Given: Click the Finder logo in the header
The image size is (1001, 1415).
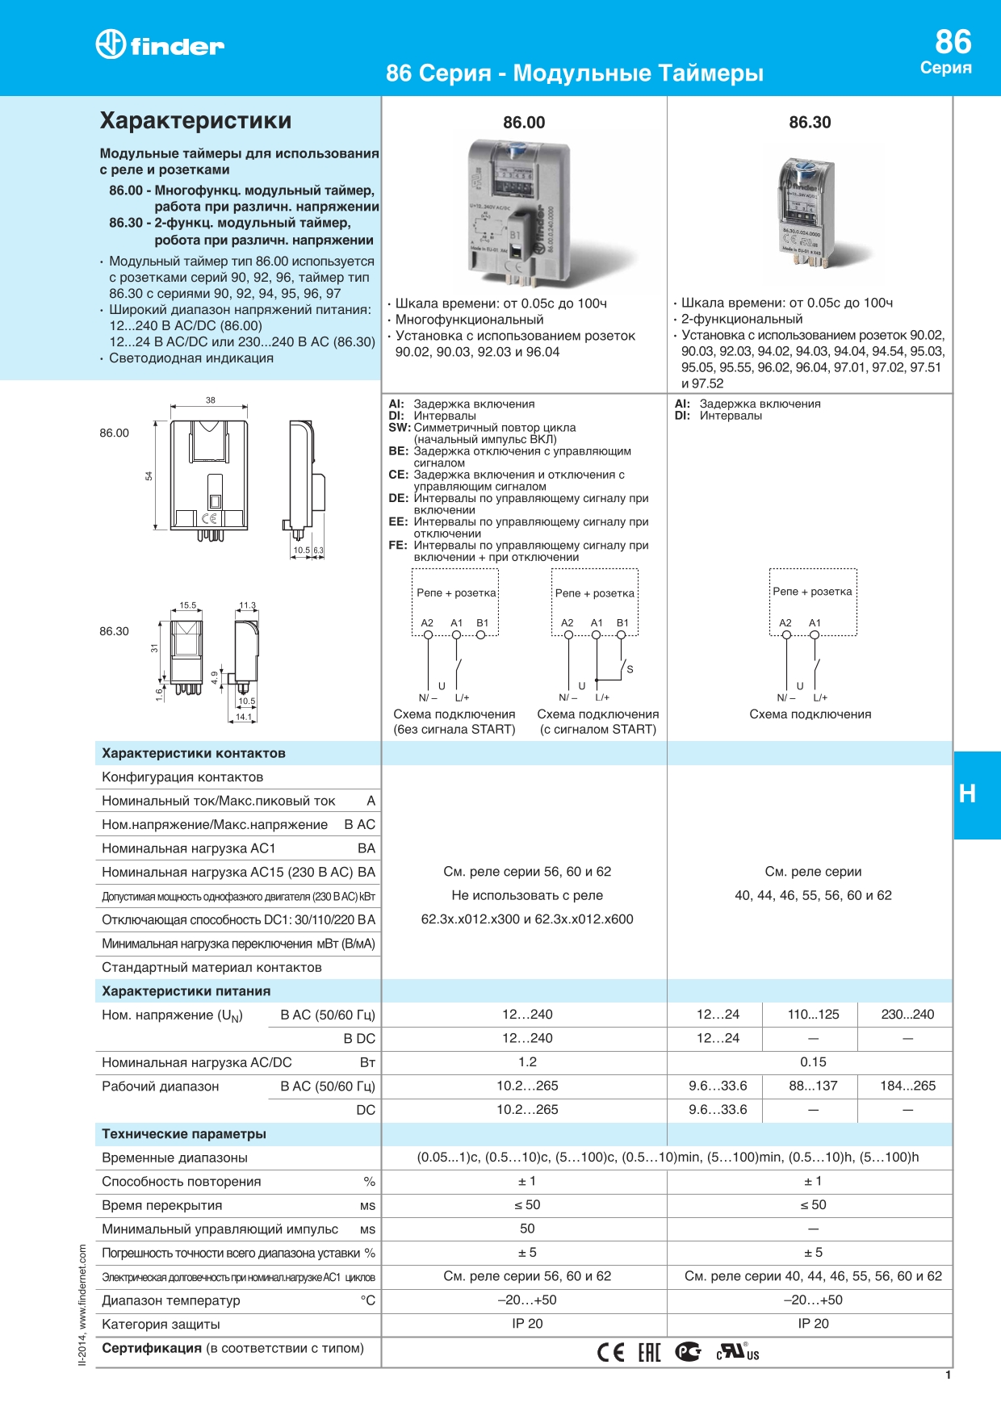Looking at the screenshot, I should point(160,45).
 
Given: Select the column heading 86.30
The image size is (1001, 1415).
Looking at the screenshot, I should point(810,123).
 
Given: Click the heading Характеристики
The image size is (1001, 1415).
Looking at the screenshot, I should point(195,121).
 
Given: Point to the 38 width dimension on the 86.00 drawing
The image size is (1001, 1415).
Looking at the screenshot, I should point(211,400).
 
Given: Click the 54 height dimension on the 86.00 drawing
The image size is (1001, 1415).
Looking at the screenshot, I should point(149,476).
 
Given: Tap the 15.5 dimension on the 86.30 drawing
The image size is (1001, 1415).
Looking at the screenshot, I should point(187,605).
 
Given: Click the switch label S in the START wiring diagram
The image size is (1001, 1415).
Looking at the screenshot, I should point(630,669).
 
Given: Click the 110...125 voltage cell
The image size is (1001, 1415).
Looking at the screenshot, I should point(813,1015).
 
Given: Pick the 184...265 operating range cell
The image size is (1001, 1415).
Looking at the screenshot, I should point(907,1086).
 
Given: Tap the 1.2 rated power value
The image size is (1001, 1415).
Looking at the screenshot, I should point(527,1062).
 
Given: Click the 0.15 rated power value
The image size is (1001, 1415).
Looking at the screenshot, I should point(813,1062).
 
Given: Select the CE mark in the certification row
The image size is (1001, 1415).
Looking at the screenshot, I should point(610,1352).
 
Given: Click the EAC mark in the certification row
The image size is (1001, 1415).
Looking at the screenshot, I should point(649,1352).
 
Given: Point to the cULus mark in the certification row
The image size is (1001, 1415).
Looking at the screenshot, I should point(738,1352).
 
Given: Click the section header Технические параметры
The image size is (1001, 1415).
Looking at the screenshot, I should point(184,1134).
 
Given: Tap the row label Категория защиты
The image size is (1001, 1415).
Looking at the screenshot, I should point(161,1325).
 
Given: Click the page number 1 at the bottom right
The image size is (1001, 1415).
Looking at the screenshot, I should point(948,1375).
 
